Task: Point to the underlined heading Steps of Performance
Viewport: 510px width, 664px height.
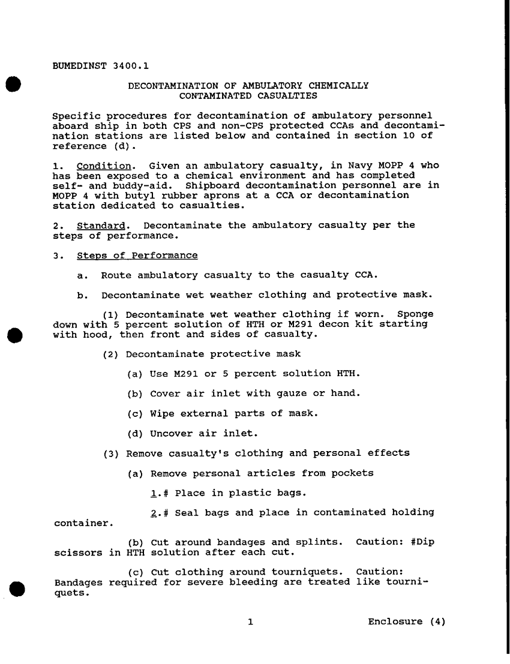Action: pos(137,256)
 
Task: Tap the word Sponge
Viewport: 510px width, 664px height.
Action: pos(415,314)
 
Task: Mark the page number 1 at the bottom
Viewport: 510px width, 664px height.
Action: pos(250,621)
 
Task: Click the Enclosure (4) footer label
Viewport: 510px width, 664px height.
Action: pos(407,621)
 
